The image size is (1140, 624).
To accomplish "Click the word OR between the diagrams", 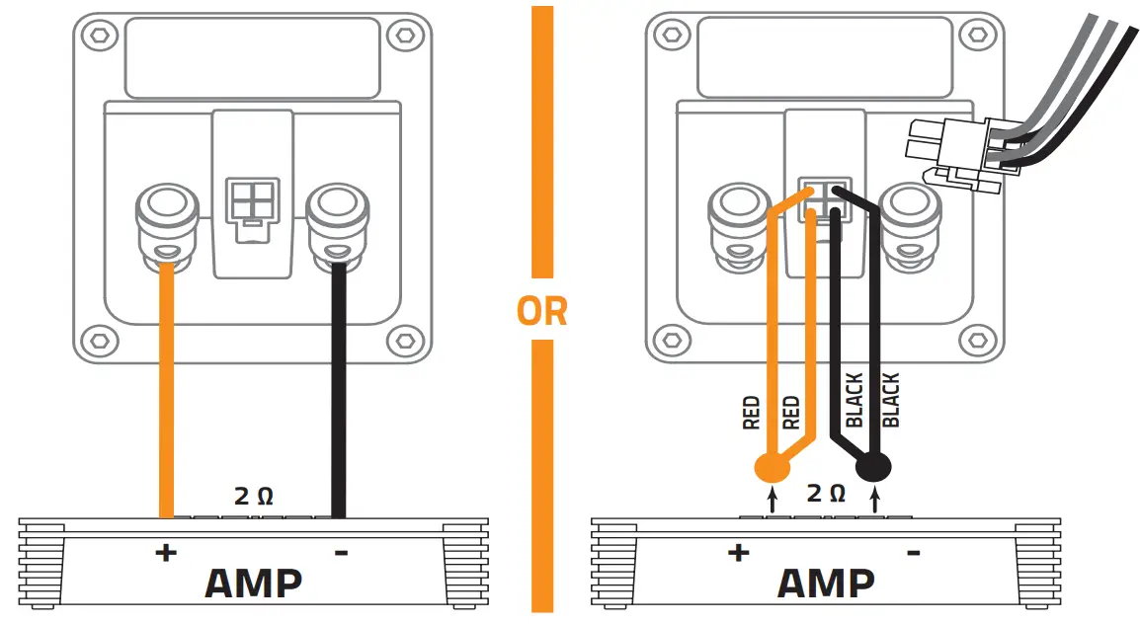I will (542, 311).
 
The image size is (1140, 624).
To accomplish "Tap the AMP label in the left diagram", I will (253, 583).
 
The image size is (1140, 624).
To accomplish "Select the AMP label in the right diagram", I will (826, 583).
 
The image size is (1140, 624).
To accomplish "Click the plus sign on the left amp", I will (165, 552).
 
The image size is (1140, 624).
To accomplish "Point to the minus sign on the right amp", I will (914, 552).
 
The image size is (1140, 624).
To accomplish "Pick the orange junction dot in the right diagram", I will (773, 466).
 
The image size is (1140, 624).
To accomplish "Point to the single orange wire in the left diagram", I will (166, 395).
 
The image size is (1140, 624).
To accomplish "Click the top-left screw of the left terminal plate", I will (97, 36).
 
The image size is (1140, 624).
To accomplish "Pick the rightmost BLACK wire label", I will (890, 400).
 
